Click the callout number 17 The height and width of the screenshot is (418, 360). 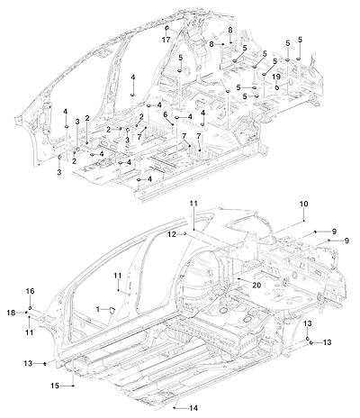pos(166,40)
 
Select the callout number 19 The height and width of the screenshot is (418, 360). pos(276,77)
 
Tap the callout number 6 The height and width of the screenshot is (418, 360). pos(165,114)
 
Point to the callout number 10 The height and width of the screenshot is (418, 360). pos(303,204)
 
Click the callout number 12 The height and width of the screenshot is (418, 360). pos(172,234)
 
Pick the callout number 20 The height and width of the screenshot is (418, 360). pos(256,285)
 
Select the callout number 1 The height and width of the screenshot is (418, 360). pos(98,308)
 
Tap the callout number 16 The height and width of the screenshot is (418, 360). pos(30,291)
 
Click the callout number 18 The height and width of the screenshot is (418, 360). pos(11,313)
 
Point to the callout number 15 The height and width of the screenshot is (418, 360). pos(55,386)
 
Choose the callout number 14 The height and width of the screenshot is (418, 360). pos(193,408)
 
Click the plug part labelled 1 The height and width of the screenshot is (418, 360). pos(112,310)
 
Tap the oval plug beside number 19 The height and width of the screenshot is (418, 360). pos(276,87)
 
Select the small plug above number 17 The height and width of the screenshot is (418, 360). pos(166,29)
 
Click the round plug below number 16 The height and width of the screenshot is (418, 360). pos(30,308)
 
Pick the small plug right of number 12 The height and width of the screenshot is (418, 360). pos(185,233)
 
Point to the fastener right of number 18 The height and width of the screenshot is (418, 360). pos(26,313)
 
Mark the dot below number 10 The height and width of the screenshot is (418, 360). pos(304,221)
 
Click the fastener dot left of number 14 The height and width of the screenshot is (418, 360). pos(175,408)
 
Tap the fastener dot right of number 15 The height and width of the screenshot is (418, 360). pos(74,386)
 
